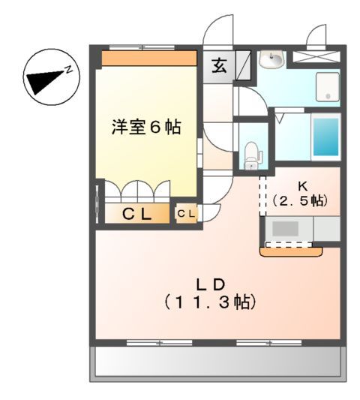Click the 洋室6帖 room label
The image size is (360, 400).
[147, 128]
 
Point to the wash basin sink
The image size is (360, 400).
[271, 59]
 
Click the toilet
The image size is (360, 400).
[251, 154]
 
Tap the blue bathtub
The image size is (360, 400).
[324, 137]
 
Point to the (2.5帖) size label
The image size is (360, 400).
[299, 200]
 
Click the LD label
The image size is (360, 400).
[211, 284]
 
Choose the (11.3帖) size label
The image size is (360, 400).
[211, 303]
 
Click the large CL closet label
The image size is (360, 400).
[137, 215]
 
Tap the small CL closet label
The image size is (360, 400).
[186, 215]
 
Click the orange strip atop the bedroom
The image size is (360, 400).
[148, 59]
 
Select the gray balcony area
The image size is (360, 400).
[217, 362]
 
